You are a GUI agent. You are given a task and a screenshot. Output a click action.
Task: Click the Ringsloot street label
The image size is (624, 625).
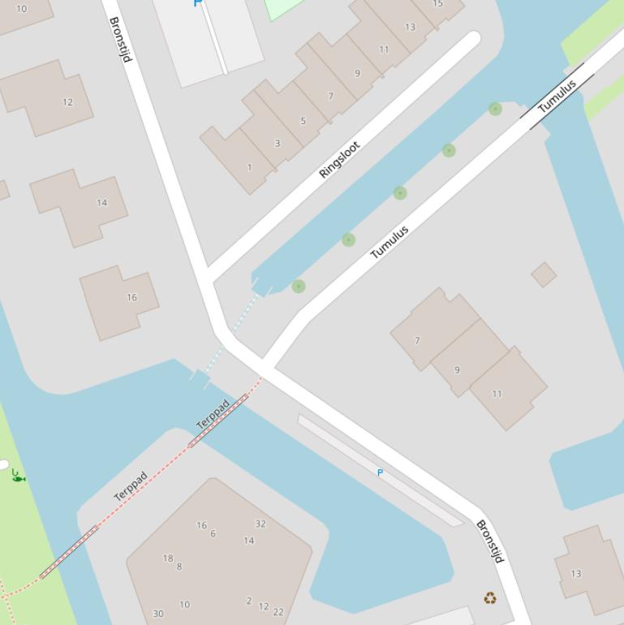(339, 160)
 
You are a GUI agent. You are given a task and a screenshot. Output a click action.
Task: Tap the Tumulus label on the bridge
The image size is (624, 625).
(557, 96)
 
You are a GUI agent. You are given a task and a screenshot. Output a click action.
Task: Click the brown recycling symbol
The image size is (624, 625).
(490, 598)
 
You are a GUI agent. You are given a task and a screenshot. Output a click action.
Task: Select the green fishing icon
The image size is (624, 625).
(19, 476)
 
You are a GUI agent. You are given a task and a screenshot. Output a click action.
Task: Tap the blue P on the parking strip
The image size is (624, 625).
(380, 472)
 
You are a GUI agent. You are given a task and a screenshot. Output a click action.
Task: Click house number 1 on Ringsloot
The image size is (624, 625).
(249, 168)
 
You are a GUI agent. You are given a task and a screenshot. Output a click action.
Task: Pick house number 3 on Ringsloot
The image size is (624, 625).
(277, 144)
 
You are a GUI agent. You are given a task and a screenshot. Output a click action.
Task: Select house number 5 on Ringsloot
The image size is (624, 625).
(303, 121)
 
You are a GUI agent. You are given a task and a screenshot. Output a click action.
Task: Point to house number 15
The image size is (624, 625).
(438, 4)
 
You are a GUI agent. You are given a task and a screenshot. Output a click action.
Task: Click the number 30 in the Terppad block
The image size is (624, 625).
(158, 614)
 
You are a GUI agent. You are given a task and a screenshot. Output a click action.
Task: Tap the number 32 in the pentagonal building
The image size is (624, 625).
(260, 524)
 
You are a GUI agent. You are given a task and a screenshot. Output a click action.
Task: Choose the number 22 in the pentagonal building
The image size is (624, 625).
(278, 612)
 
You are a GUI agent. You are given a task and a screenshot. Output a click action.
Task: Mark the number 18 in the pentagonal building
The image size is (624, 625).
(168, 558)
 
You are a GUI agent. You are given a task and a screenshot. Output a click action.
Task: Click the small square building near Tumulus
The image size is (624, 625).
(544, 274)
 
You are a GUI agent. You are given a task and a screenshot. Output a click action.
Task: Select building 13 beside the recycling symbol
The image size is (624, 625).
(575, 573)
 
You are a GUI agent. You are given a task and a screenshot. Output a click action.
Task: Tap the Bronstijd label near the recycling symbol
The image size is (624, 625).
(490, 541)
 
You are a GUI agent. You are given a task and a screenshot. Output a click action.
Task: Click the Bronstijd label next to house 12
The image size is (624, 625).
(119, 39)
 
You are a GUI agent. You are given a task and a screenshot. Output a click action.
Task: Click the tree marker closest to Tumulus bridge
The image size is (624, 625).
(495, 109)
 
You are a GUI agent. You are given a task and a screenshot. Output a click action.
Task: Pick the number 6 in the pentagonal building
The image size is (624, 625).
(213, 533)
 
